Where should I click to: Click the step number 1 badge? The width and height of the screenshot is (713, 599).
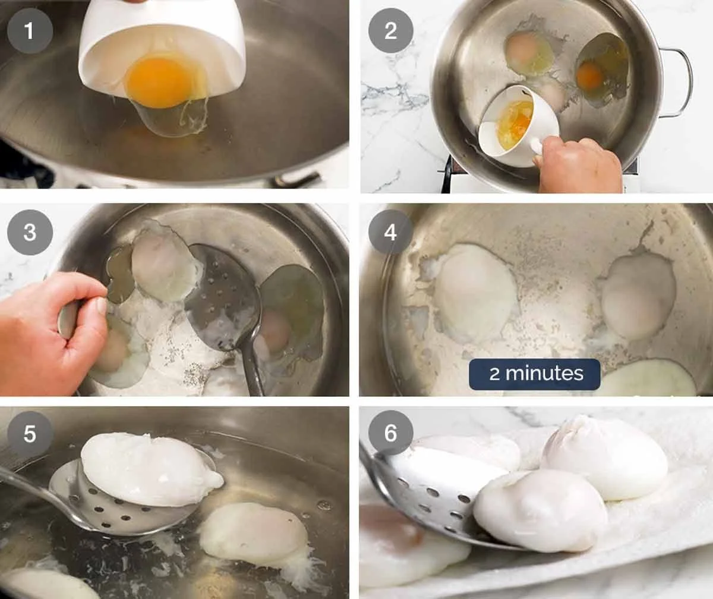click(x=30, y=31)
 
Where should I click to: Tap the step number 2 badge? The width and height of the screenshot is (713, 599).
click(x=390, y=31)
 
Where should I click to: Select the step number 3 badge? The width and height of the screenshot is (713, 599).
click(x=30, y=233)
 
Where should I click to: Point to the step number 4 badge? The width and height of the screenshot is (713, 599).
click(x=390, y=233)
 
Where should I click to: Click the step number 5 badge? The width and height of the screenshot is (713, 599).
click(x=30, y=434)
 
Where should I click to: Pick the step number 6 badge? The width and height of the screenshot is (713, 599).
click(x=390, y=434)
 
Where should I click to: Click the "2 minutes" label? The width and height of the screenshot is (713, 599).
click(x=535, y=374)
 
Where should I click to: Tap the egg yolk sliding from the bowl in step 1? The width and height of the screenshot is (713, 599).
click(x=163, y=80)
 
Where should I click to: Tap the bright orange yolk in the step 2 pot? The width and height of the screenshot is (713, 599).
click(x=590, y=76)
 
